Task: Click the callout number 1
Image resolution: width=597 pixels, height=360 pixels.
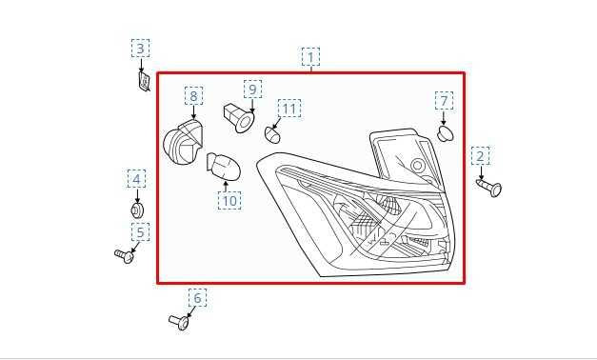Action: point(310,57)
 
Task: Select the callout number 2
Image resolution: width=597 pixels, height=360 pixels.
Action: point(481,156)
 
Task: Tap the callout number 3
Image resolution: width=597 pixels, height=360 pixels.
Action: point(141,49)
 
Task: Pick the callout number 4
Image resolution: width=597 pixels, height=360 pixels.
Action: point(137,179)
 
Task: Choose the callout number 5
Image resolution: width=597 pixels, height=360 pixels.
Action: point(141,232)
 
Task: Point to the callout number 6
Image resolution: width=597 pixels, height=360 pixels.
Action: point(197,298)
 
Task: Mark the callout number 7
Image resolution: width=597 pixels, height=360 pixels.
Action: point(444,101)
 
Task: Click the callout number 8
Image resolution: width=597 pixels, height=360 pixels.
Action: point(193,96)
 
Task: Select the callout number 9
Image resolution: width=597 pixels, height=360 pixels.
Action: point(252,90)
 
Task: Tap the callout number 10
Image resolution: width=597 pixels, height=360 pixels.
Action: point(229,200)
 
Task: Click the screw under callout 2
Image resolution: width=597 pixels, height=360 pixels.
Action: point(489,186)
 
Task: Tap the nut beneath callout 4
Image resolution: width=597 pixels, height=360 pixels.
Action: point(137,209)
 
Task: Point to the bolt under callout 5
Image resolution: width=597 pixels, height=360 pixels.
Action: point(125,254)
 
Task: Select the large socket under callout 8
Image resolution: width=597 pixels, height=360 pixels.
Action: point(183,146)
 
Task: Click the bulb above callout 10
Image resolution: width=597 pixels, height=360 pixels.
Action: point(224,168)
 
